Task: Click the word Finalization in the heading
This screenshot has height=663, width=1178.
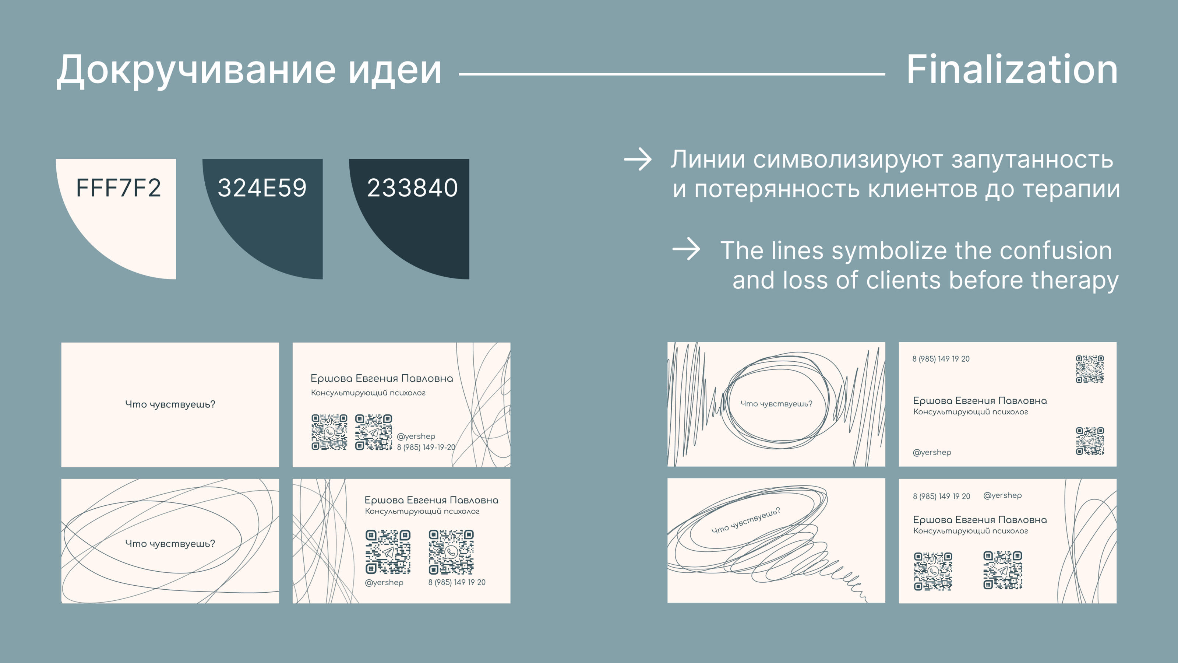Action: point(1012,70)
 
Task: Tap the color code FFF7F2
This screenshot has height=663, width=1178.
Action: point(119,187)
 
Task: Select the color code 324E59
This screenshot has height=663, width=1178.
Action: point(262,187)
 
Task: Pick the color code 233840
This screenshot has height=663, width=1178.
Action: point(412,187)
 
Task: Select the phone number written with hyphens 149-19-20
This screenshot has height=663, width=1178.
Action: point(426,447)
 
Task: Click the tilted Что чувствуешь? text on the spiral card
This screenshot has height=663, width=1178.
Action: point(746,520)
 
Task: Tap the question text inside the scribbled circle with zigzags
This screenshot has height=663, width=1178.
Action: point(776,404)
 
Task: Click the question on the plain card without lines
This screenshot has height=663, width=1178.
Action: point(170,404)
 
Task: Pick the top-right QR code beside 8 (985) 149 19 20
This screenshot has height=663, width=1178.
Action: point(1090,369)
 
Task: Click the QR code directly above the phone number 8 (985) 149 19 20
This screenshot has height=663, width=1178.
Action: point(451,552)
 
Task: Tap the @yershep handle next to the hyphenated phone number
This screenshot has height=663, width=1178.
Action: point(416,436)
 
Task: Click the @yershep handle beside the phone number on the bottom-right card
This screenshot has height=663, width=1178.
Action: point(1002,495)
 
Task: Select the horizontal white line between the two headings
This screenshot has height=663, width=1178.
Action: point(672,74)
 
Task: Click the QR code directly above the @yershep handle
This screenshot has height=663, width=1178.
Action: point(388,552)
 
